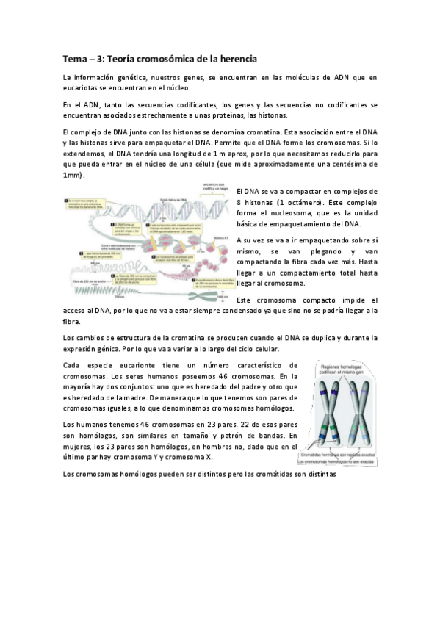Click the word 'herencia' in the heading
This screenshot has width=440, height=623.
[231, 57]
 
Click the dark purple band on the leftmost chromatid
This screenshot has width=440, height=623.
[324, 392]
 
